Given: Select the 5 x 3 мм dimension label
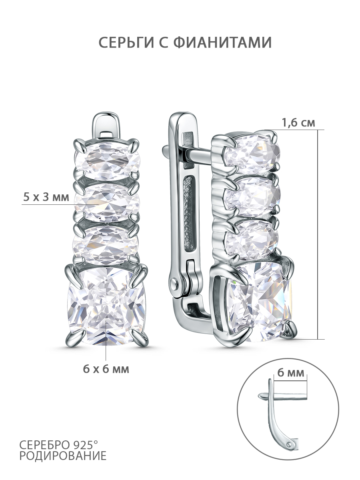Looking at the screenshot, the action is [46, 197].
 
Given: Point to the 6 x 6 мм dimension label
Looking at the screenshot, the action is [106, 369].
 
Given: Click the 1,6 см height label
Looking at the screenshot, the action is [298, 123].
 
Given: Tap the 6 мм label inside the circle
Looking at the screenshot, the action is [291, 373].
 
